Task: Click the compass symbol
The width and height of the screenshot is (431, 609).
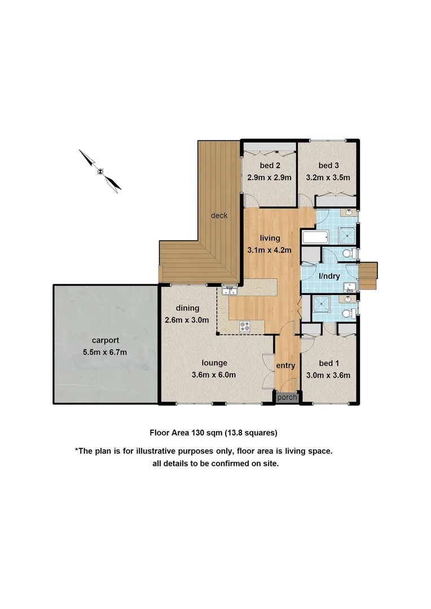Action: [100, 170]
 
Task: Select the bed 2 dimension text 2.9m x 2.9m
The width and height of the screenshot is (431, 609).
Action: [269, 177]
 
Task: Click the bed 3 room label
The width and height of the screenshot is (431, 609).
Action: [328, 165]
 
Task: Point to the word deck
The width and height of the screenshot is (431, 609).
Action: [219, 215]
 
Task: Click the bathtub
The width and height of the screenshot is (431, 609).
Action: [314, 237]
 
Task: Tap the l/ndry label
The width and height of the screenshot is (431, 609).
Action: [329, 276]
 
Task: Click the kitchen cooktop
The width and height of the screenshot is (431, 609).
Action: [245, 326]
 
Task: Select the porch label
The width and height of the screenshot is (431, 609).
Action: [286, 398]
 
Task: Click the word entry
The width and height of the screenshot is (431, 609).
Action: [285, 365]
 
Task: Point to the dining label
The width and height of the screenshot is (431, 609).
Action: [188, 308]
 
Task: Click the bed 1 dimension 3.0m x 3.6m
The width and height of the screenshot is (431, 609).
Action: [328, 375]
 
